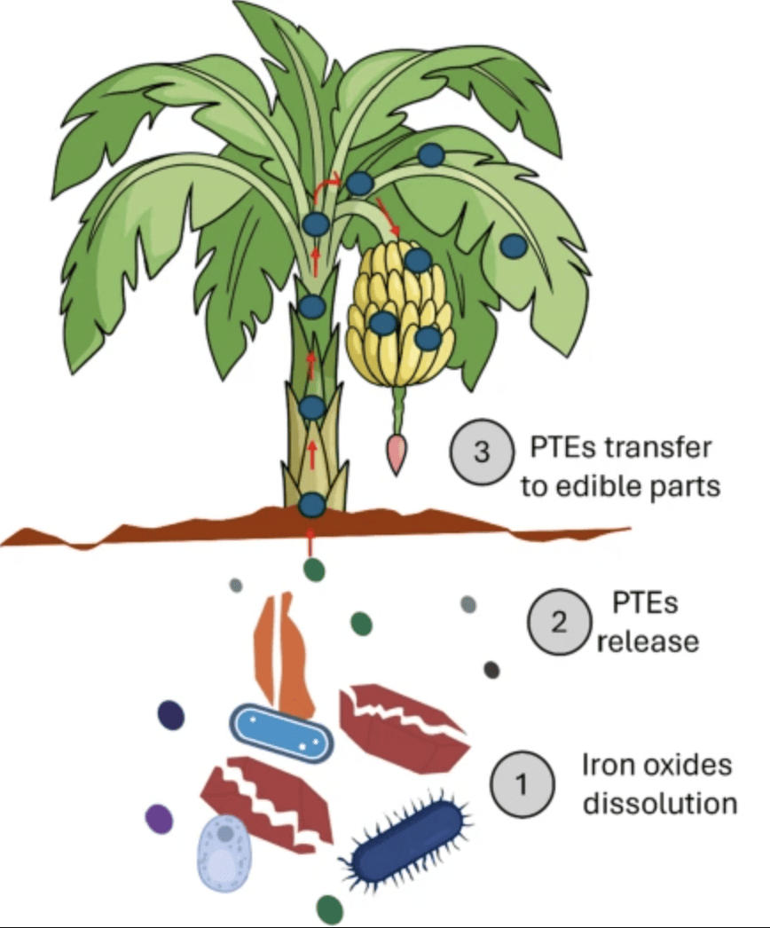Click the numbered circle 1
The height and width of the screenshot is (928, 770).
coord(522,783)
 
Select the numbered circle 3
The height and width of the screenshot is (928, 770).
coord(482,452)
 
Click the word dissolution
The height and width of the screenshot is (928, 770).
coord(659,804)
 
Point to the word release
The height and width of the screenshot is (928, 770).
coord(648,641)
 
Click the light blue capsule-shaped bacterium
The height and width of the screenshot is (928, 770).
coord(282,733)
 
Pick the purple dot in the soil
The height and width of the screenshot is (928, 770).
coord(159,817)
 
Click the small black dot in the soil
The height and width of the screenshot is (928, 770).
coord(491,670)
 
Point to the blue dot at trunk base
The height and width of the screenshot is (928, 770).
coord(312,505)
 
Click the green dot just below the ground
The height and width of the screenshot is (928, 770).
coord(313,569)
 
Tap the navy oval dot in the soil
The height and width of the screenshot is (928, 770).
coord(170,715)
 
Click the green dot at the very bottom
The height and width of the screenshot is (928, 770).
coord(329,908)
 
